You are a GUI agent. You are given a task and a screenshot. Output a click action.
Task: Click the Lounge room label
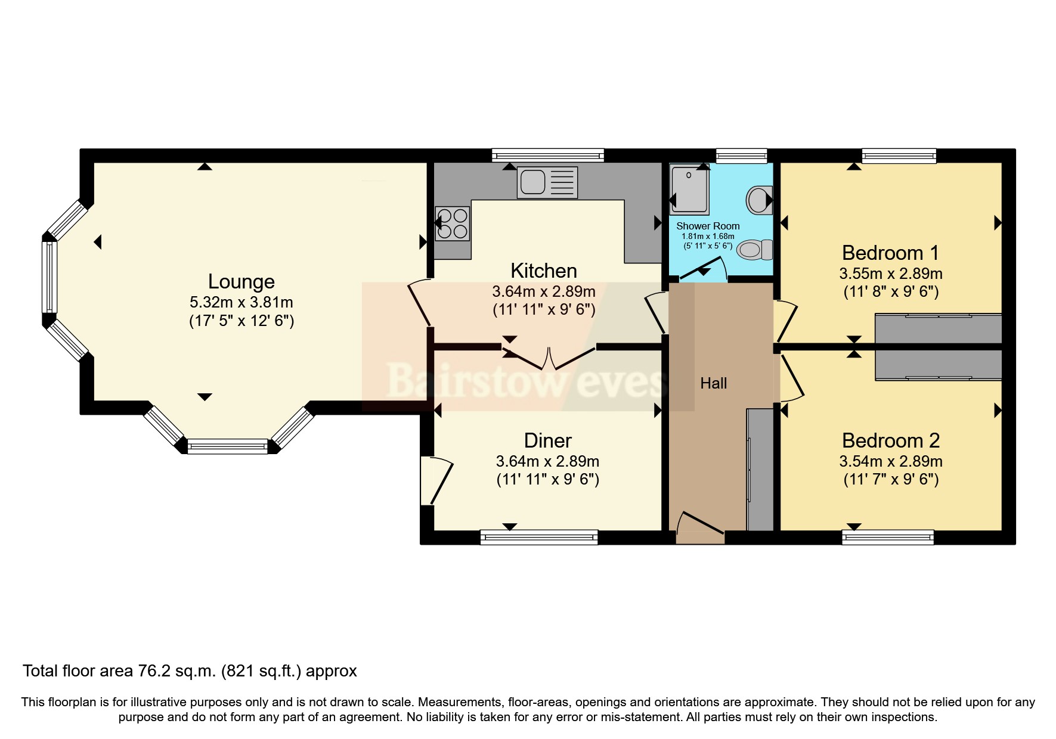(x=241, y=281)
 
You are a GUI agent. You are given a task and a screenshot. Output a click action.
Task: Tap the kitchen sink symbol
(x=547, y=182)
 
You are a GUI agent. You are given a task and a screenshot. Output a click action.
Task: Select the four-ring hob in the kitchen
(x=452, y=223)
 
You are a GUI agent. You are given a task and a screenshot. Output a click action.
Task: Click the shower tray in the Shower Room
(x=689, y=190)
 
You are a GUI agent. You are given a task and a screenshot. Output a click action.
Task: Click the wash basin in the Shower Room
(x=759, y=200)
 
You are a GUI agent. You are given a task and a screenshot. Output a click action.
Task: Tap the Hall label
(x=713, y=383)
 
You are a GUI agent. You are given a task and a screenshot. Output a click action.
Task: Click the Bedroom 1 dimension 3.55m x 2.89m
(x=890, y=274)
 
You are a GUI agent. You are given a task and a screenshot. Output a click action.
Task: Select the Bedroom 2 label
(x=890, y=440)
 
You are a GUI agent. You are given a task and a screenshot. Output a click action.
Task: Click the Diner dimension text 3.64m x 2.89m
(x=547, y=461)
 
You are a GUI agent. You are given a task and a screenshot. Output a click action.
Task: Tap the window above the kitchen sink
(x=547, y=156)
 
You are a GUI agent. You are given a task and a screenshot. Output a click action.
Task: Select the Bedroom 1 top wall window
(x=899, y=156)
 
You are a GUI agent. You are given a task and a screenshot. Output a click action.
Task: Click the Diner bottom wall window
(x=539, y=537)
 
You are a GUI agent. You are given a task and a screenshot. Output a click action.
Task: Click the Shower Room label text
(x=708, y=226)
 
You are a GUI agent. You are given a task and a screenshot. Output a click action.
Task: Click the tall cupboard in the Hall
(x=760, y=469)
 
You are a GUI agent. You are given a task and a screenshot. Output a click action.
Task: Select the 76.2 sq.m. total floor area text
(x=190, y=671)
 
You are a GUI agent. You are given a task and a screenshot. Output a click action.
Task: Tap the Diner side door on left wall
(x=434, y=480)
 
